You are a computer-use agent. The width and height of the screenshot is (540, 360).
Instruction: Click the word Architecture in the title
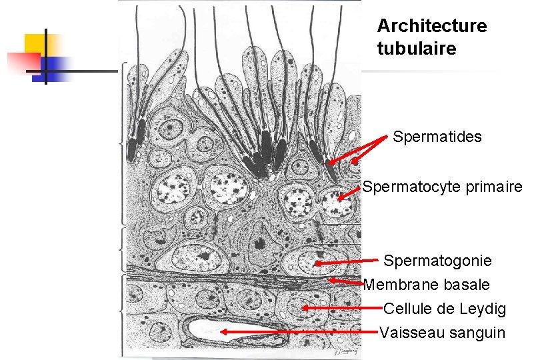click(x=432, y=26)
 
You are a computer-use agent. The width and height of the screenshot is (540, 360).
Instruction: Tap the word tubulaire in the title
click(x=417, y=49)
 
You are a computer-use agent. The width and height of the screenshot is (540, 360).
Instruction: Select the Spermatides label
click(x=437, y=137)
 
